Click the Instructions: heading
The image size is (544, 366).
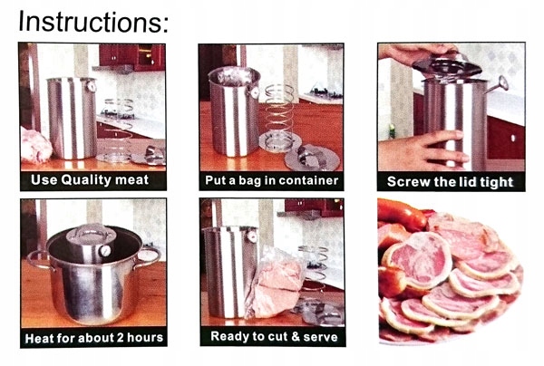pyautogui.click(x=93, y=22)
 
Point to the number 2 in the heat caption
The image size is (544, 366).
pyautogui.click(x=120, y=338)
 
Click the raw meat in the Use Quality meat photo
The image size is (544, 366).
pyautogui.click(x=35, y=145)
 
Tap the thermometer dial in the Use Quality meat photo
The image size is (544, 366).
pyautogui.click(x=92, y=85)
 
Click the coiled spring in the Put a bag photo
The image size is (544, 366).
pyautogui.click(x=280, y=111)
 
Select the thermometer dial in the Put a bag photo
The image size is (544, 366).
pyautogui.click(x=255, y=92)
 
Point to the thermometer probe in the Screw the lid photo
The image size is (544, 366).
pyautogui.click(x=496, y=85)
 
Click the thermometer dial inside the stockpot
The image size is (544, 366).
pyautogui.click(x=105, y=250)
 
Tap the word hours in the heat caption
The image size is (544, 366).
pyautogui.click(x=145, y=338)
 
